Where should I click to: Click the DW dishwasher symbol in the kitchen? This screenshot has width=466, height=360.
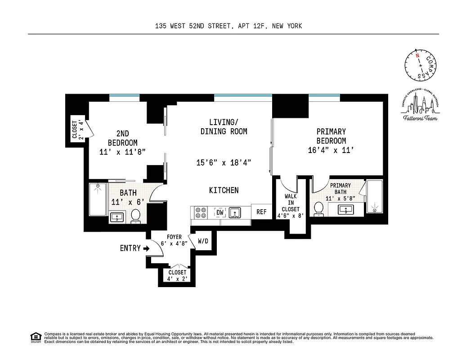pyautogui.click(x=220, y=212)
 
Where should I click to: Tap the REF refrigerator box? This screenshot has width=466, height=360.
pyautogui.click(x=261, y=212)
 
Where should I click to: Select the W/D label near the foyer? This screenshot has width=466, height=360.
pyautogui.click(x=203, y=241)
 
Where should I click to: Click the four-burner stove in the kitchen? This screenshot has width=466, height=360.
pyautogui.click(x=200, y=212)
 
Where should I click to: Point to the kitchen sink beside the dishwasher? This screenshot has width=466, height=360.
pyautogui.click(x=234, y=212)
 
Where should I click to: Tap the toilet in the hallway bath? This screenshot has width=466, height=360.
pyautogui.click(x=135, y=216)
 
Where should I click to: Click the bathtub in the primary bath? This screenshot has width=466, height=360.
pyautogui.click(x=374, y=196)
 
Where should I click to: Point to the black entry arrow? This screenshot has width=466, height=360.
pyautogui.click(x=146, y=248)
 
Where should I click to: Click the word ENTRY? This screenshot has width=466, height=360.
pyautogui.click(x=130, y=248)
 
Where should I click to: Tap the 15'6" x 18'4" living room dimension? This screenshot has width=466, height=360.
pyautogui.click(x=224, y=162)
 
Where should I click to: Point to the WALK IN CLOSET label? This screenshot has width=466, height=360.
pyautogui.click(x=290, y=203)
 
